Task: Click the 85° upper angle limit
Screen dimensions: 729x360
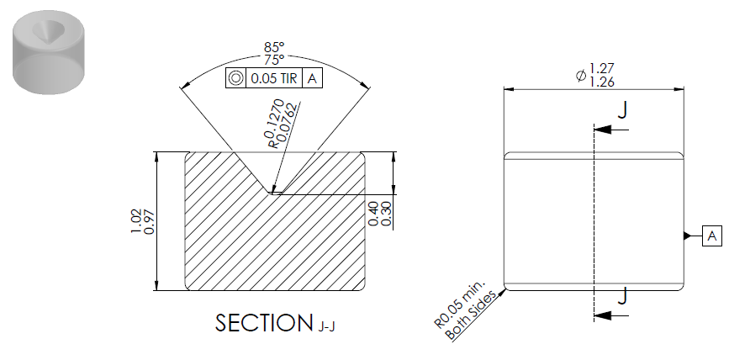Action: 274,47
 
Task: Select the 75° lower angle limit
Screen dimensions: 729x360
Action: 274,60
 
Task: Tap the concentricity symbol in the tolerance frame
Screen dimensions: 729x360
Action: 235,78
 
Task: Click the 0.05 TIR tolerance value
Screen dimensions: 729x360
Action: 274,78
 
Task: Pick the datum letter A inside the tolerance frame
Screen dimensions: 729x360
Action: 312,78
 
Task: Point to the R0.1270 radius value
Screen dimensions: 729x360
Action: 274,123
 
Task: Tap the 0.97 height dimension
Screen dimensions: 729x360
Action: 149,222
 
